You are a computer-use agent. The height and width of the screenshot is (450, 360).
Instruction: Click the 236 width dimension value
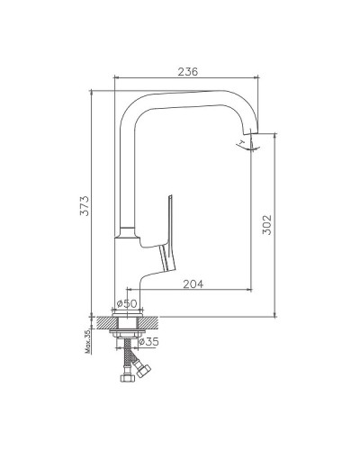click(186, 71)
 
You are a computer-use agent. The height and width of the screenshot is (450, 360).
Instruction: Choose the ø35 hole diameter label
click(148, 341)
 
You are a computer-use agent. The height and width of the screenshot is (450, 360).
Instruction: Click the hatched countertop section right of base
click(154, 320)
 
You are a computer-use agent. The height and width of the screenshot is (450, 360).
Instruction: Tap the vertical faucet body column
click(126, 180)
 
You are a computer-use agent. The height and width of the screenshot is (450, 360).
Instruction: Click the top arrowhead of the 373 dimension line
click(94, 90)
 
